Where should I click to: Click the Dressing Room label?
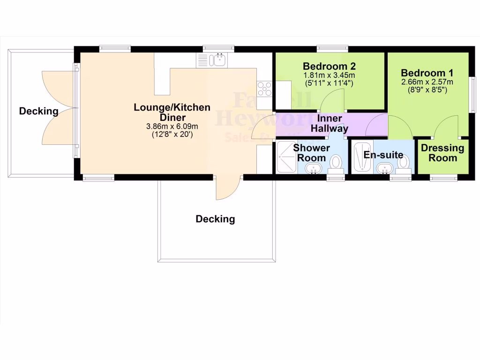[442, 153]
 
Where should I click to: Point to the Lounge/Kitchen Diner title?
[172, 112]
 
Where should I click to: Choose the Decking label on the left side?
[38, 112]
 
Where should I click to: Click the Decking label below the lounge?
[215, 219]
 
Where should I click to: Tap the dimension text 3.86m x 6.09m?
[172, 127]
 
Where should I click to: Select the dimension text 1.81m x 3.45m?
[330, 75]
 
